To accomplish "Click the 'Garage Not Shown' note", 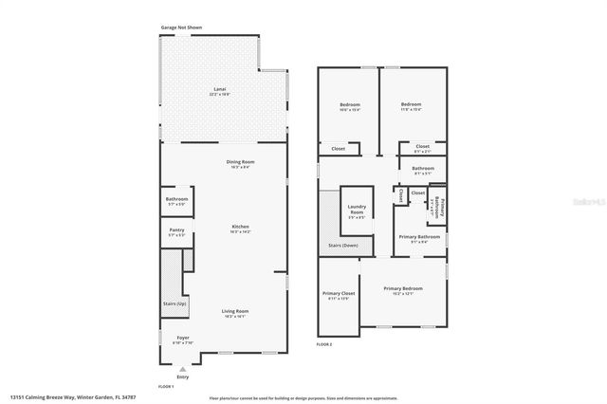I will (x=180, y=28).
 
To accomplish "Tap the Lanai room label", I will (x=219, y=90).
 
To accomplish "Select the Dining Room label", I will (x=239, y=162).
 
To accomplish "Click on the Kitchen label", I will (x=239, y=227).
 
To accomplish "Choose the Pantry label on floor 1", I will (x=176, y=230).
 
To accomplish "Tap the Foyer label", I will (x=183, y=339).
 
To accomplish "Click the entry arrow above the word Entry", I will (x=184, y=368).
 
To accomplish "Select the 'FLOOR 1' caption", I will (x=167, y=387).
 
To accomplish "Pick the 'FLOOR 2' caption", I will (x=325, y=344).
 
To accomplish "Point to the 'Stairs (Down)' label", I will (x=343, y=245).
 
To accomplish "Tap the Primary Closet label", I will (x=338, y=294).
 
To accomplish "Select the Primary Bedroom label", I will (x=403, y=288).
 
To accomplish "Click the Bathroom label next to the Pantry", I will (x=176, y=199).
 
